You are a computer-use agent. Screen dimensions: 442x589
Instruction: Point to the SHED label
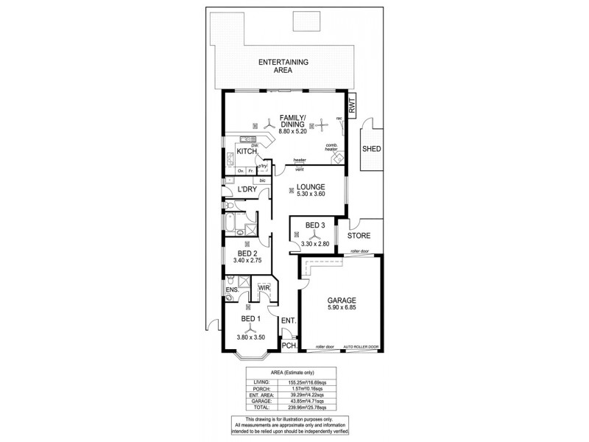pos(370,150)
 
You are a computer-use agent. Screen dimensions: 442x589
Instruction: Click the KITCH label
pos(247,151)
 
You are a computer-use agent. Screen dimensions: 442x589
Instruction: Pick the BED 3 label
pos(314,225)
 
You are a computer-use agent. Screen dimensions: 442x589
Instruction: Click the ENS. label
pos(232,290)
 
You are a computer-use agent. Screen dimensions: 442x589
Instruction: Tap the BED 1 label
pos(251,319)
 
